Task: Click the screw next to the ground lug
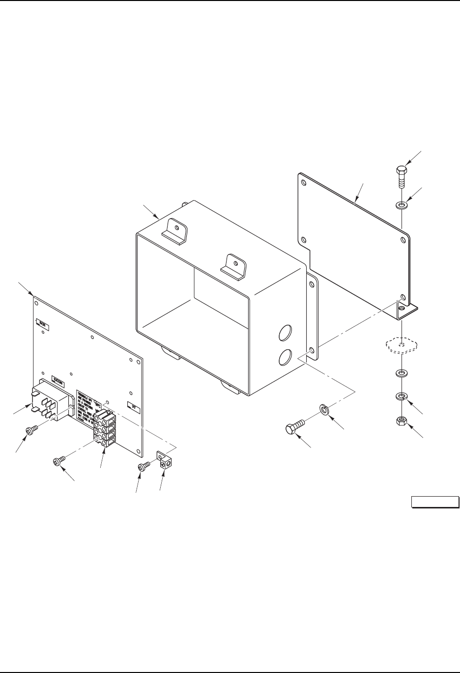[x=144, y=466]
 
